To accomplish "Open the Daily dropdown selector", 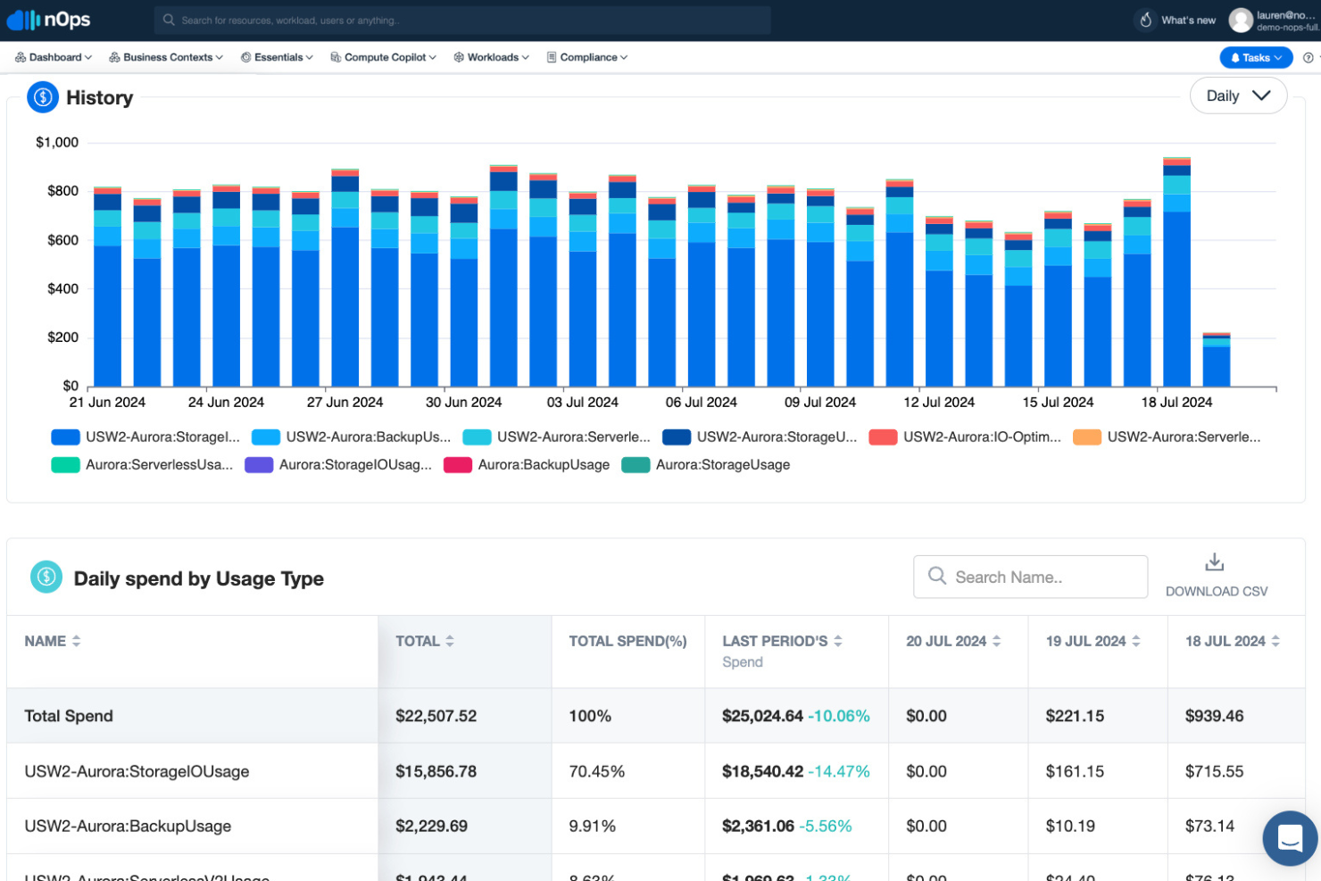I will [x=1237, y=96].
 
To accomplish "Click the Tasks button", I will [x=1255, y=57].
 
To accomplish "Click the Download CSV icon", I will [x=1214, y=562].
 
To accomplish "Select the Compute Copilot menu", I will [x=383, y=57].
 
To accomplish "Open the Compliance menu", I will [x=587, y=57].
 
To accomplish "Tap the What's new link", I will [x=1187, y=20].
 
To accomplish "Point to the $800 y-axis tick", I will [x=62, y=191].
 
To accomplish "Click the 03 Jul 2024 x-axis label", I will [x=582, y=403].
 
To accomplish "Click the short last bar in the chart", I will [x=1216, y=362].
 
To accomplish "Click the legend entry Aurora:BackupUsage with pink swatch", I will [x=543, y=464].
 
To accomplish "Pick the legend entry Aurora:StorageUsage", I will [x=722, y=464].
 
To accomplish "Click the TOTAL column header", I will [x=418, y=641].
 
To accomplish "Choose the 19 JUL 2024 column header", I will [x=1085, y=641].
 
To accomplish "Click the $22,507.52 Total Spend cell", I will [x=436, y=716].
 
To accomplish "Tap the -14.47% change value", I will [x=838, y=771].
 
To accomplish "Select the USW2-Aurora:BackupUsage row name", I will [x=128, y=827].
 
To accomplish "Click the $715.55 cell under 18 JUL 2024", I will [x=1214, y=771].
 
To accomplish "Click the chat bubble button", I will [x=1290, y=837].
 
